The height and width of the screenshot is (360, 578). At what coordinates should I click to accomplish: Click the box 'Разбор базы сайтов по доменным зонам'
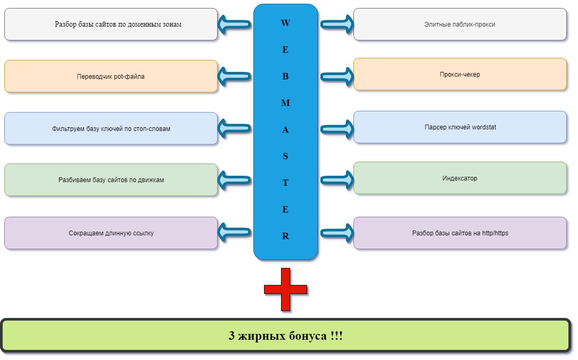click(111, 24)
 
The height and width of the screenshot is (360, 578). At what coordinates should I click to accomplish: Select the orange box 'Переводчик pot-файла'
click(111, 76)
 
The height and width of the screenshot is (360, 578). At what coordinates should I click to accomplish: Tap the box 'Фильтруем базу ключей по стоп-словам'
click(111, 128)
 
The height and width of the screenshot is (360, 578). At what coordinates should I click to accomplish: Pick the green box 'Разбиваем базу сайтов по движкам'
click(111, 179)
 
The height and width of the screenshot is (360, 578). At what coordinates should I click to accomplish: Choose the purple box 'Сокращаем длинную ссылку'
click(111, 233)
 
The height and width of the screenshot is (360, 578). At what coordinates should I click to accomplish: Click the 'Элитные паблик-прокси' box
click(460, 24)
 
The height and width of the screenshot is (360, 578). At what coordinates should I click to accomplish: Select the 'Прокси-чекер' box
click(460, 74)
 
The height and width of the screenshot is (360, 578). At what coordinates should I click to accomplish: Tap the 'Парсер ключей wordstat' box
click(460, 127)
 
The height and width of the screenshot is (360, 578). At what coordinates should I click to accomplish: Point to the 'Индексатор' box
click(460, 178)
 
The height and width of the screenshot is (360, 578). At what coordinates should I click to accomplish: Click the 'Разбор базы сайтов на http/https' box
click(460, 233)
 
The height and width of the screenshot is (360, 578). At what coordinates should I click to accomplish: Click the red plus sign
click(286, 289)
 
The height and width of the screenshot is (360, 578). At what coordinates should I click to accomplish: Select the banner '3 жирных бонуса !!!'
click(286, 336)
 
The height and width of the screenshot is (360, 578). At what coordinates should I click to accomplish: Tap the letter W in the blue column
click(285, 23)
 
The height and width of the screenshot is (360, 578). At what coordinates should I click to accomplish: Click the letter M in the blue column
click(285, 103)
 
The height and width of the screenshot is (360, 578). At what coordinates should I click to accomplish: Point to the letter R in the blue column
click(285, 236)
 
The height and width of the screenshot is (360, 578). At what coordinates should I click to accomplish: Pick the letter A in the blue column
click(285, 130)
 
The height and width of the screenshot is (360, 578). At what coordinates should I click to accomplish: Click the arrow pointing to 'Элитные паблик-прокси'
click(337, 24)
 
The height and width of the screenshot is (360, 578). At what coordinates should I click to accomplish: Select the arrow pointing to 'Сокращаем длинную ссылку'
click(235, 233)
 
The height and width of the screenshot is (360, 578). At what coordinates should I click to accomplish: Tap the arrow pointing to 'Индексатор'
click(337, 179)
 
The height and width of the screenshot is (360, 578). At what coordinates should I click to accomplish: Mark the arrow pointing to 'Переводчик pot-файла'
click(235, 76)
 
